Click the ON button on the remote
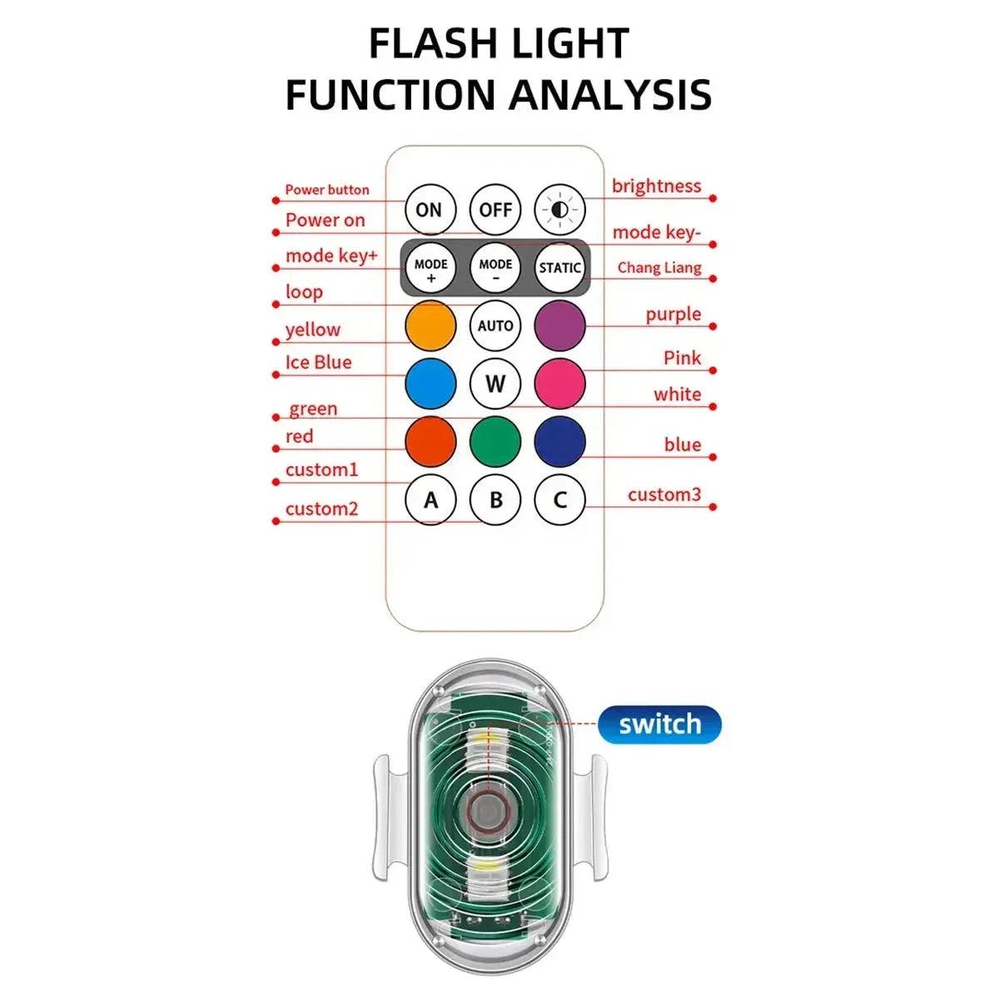(430, 210)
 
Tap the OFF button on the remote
(495, 210)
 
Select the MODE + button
(430, 268)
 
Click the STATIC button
(559, 268)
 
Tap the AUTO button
(495, 326)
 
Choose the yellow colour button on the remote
(430, 326)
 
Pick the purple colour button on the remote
(559, 326)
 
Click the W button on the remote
(495, 384)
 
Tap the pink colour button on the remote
(559, 384)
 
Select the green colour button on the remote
(495, 442)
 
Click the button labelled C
(559, 500)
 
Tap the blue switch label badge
(659, 724)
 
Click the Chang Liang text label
(659, 268)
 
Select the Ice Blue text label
(318, 363)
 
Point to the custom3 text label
(664, 495)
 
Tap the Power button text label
(327, 190)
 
